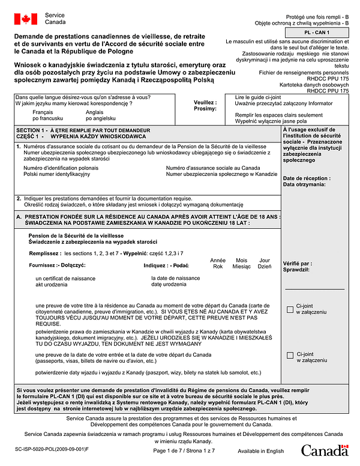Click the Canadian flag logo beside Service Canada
(x=26, y=19)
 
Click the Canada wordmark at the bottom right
(x=325, y=450)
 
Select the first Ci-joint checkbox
(x=290, y=309)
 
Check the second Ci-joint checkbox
(x=290, y=356)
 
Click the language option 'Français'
(x=43, y=112)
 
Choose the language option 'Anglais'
(x=95, y=112)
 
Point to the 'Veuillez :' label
(x=205, y=103)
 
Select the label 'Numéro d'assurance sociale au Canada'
(x=213, y=168)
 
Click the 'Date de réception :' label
(x=306, y=178)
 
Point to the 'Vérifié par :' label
(x=297, y=263)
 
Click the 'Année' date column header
(x=218, y=260)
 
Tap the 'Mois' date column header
(x=241, y=260)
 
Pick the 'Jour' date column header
(x=264, y=260)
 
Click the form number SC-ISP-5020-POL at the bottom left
(x=50, y=449)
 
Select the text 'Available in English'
(x=260, y=451)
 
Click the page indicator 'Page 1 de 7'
(x=169, y=451)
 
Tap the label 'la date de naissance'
(x=176, y=278)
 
